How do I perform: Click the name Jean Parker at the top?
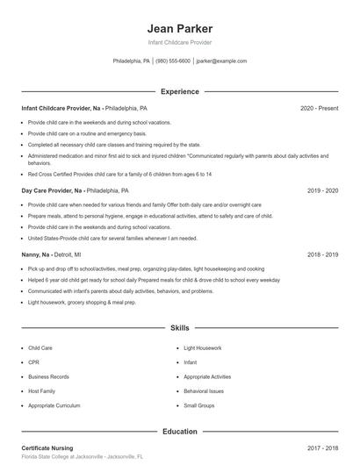pos(180,28)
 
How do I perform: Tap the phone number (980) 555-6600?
pos(173,61)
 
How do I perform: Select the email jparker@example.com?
pos(221,61)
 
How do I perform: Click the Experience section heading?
pos(180,91)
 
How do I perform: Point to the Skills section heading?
pos(180,327)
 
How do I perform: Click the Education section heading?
pos(180,432)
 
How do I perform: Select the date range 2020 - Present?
pos(319,108)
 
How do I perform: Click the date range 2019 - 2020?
pos(322,190)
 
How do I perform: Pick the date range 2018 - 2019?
pos(322,254)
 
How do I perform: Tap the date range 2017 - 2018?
pos(322,448)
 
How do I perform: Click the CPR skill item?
pos(33,362)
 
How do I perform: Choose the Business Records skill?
pos(48,376)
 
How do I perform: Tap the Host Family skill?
pos(42,391)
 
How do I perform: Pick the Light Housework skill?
pos(203,348)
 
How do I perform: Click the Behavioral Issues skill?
pos(204,391)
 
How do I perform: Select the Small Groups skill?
pos(198,405)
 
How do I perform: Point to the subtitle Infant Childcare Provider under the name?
pos(180,42)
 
